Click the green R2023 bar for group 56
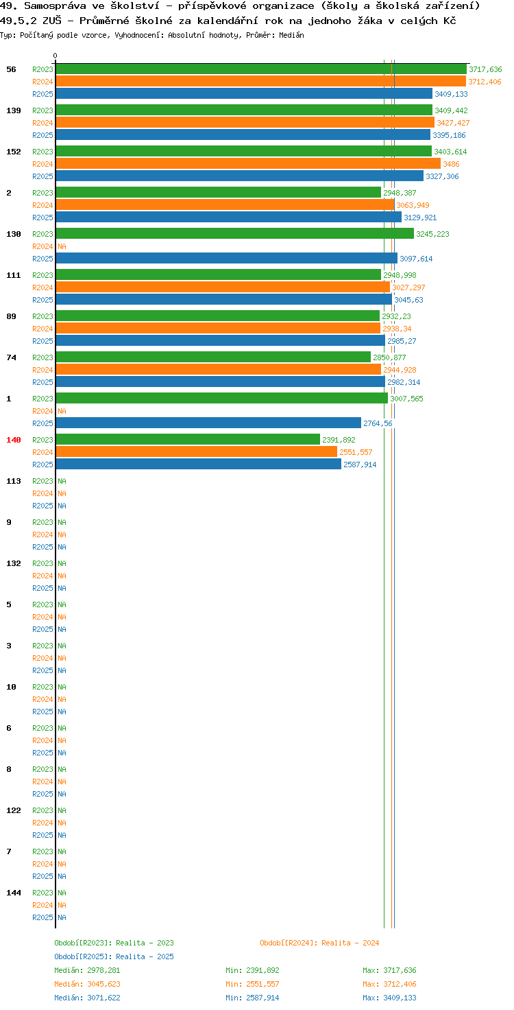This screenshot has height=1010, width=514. coord(261,69)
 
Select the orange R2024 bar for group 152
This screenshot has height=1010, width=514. coord(248,164)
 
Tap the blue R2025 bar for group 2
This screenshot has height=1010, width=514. coord(229,218)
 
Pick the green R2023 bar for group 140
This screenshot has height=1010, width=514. coord(188,440)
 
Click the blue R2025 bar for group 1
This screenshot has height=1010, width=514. coord(208,423)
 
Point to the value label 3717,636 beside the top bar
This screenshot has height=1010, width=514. coord(485,69)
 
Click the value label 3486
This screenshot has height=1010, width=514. coord(451,164)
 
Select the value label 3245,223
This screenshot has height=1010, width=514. coord(432,234)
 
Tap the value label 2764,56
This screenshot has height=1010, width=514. coord(378,423)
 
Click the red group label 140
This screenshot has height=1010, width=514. coord(14,440)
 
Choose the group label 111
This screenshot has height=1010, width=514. coord(14,275)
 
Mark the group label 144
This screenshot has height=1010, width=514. coord(14,893)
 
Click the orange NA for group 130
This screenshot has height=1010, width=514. coord(62,246)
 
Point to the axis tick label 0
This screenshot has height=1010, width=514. coord(55,56)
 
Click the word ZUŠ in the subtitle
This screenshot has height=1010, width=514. coord(52,21)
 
